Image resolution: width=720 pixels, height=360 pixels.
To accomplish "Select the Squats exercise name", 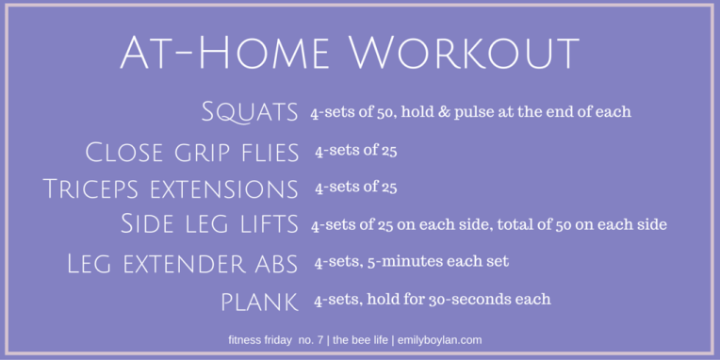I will point(250,112).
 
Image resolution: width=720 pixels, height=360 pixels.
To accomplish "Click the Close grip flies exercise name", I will point(192,151).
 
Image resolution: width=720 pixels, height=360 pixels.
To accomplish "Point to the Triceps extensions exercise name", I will point(171,188).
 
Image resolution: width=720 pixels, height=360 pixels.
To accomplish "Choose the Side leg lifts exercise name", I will point(209,224).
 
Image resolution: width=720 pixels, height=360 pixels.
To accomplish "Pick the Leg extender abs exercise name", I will point(183,263).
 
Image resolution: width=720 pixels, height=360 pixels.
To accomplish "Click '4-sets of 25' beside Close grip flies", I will point(355,150).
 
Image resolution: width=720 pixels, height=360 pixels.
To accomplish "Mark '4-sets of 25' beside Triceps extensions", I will point(355,187).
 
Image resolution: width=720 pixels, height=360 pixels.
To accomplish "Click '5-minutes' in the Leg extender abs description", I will point(401,263).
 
